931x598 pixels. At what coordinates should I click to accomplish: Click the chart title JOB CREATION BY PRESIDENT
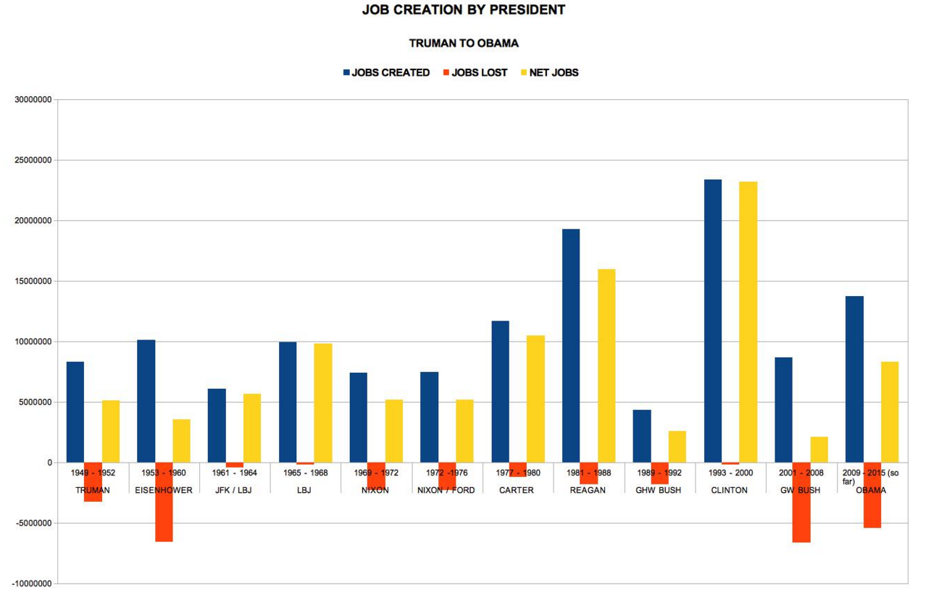[x=464, y=10]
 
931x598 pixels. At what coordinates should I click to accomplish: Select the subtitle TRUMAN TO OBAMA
[x=464, y=43]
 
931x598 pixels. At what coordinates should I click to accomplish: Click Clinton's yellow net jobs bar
[x=748, y=321]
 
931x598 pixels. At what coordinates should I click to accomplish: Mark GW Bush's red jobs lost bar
[x=801, y=502]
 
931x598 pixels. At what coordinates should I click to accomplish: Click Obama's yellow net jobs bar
[x=890, y=412]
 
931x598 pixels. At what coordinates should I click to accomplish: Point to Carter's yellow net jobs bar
[x=535, y=399]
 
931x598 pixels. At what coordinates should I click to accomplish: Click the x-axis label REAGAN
[x=588, y=490]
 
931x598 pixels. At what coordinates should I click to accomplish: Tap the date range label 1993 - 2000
[x=730, y=473]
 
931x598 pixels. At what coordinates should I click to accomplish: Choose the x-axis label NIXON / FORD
[x=447, y=490]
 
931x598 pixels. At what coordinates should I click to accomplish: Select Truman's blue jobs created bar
[x=75, y=412]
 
